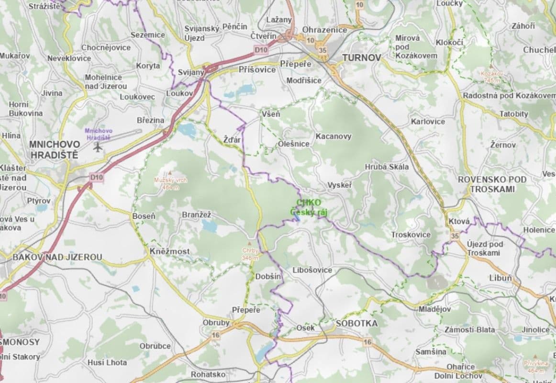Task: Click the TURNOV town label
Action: (361, 57)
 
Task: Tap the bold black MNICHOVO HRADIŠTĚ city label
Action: (55, 149)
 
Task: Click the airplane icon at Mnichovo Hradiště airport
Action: (99, 146)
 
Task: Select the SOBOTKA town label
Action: (356, 323)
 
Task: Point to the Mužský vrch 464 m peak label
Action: (170, 183)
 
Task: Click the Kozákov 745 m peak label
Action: (493, 77)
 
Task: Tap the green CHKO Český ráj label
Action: (309, 207)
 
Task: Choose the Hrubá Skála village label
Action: (387, 167)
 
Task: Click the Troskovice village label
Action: (411, 235)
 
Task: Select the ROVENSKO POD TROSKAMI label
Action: (492, 184)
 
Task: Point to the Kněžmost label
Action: (169, 251)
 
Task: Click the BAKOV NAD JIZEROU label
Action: (57, 257)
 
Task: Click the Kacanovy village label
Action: (333, 136)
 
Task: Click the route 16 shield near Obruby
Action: (216, 335)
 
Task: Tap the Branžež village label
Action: (196, 215)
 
